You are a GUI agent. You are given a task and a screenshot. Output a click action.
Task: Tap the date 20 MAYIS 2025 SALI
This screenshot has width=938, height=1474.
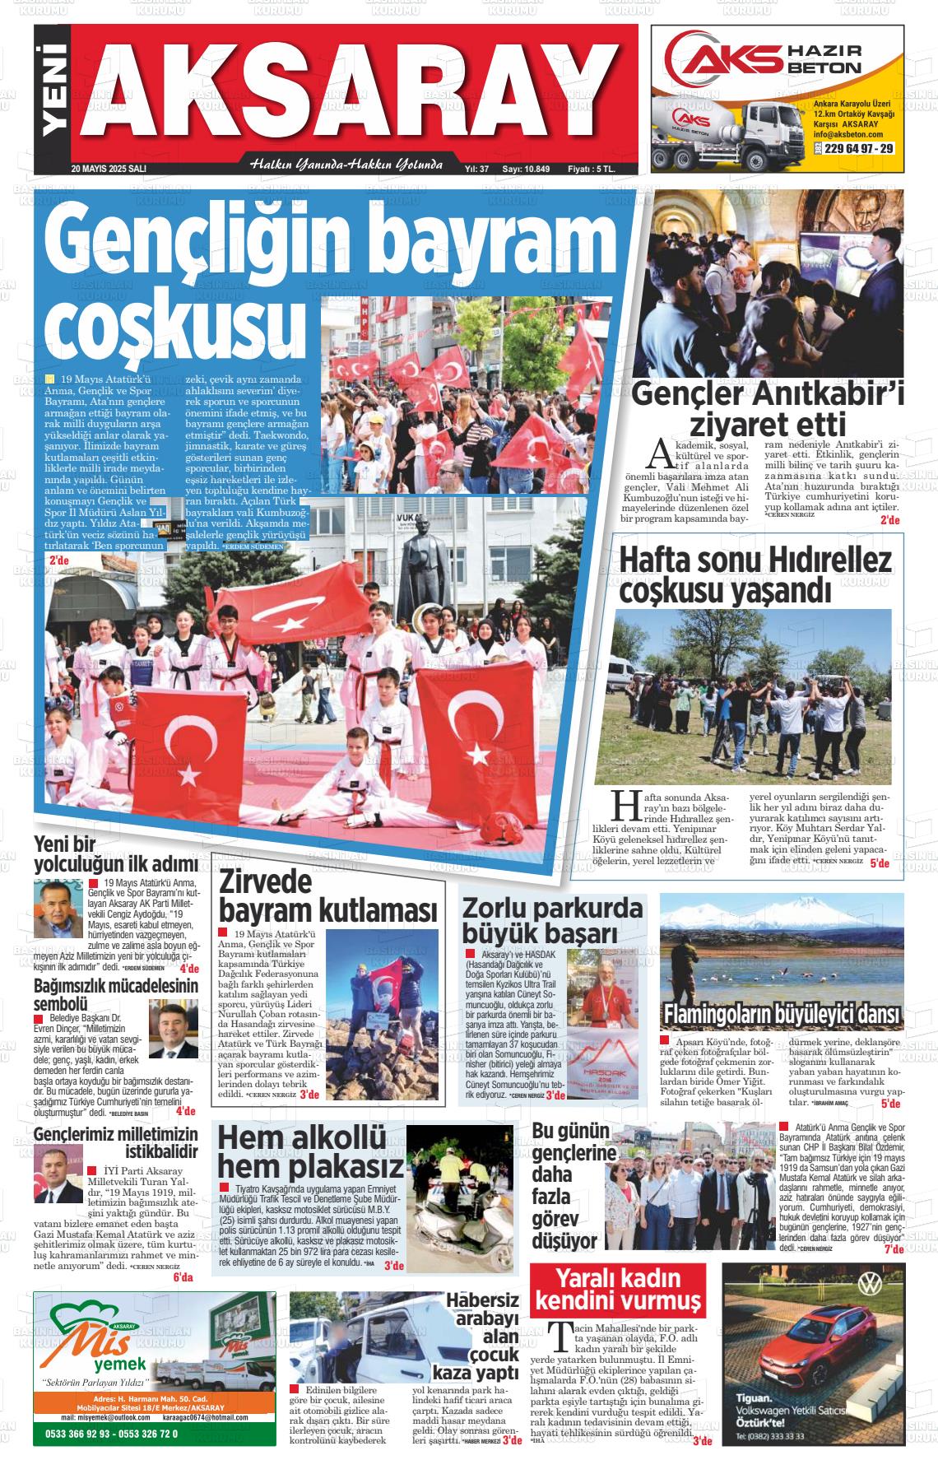[109, 169]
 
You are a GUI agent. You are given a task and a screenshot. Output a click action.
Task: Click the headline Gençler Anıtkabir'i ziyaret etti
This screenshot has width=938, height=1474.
[767, 409]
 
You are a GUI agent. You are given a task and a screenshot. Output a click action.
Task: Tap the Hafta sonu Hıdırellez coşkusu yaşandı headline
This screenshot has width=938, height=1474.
[755, 575]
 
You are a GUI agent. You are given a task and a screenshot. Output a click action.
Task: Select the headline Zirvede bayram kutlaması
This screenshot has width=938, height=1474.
[327, 896]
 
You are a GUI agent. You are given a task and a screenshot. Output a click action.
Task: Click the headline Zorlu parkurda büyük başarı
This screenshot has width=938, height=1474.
[552, 920]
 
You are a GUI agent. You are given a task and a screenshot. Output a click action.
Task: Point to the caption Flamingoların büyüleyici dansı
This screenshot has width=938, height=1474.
[781, 1013]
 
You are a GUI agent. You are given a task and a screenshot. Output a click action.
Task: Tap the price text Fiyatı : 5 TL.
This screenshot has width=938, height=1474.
[591, 169]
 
